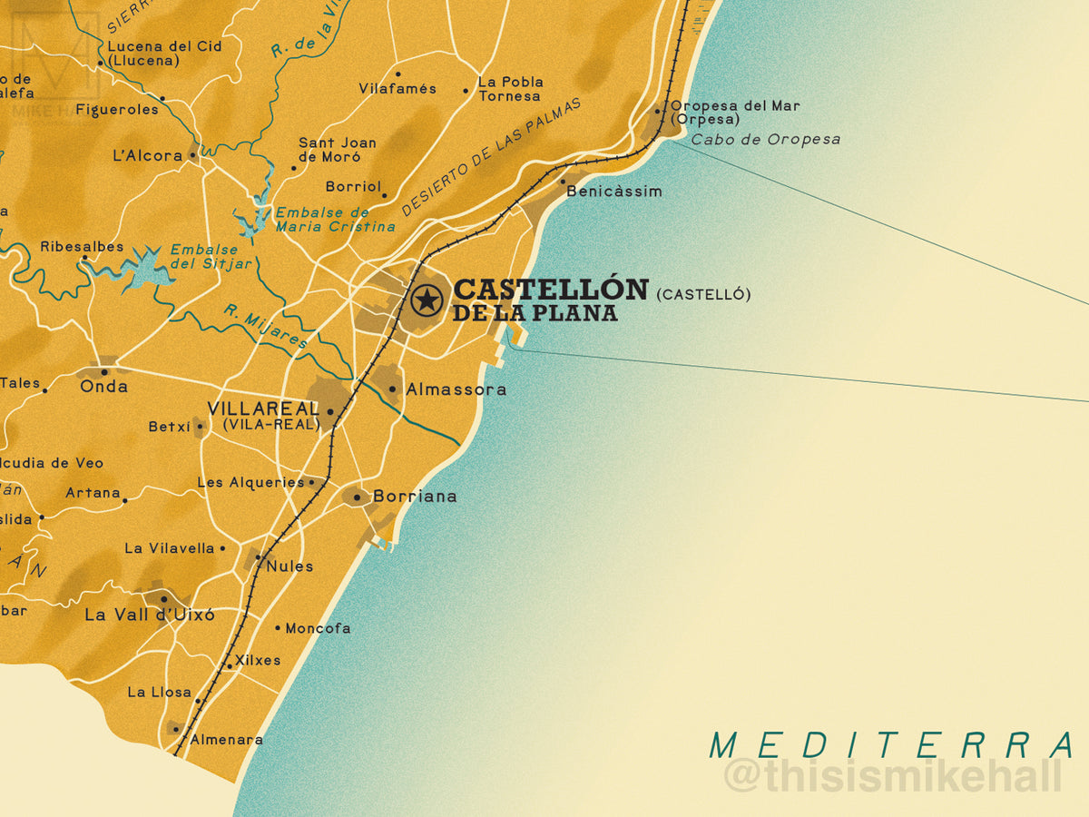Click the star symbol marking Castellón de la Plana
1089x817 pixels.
pyautogui.click(x=427, y=299)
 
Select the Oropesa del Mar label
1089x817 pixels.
pyautogui.click(x=735, y=106)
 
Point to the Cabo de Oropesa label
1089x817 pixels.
pyautogui.click(x=765, y=140)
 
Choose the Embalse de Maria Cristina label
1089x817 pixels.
pyautogui.click(x=336, y=219)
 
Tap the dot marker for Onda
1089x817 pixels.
pyautogui.click(x=104, y=371)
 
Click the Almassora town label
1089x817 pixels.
pyautogui.click(x=456, y=389)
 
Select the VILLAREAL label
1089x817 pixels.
pyautogui.click(x=263, y=408)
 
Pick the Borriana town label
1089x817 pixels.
pyautogui.click(x=415, y=497)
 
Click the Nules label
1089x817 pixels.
pyautogui.click(x=289, y=566)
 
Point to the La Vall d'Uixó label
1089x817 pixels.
pyautogui.click(x=150, y=615)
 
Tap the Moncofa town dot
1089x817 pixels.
pyautogui.click(x=278, y=627)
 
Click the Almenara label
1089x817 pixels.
pyautogui.click(x=225, y=740)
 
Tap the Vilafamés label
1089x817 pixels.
pyautogui.click(x=397, y=89)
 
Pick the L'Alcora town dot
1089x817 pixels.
pyautogui.click(x=192, y=156)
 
